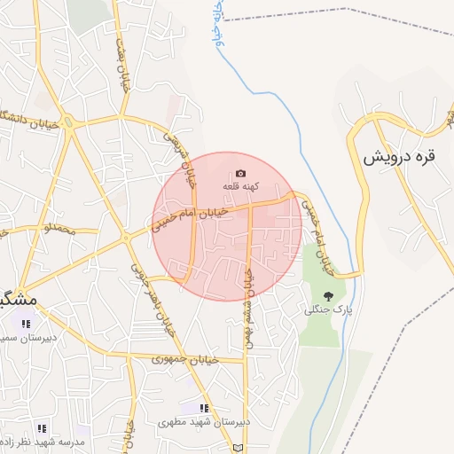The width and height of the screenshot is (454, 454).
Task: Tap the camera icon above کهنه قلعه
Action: coord(240,173)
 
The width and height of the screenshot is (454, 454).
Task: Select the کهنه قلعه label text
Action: coord(240,187)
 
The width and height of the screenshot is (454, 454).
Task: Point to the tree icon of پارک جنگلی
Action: coord(329,295)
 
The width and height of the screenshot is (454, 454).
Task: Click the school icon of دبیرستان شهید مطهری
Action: coord(205,408)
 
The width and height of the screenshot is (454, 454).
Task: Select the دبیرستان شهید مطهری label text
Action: coord(205,422)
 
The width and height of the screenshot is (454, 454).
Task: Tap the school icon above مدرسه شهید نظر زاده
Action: coord(42,428)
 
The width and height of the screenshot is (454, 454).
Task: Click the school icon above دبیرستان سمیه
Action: coord(26,323)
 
